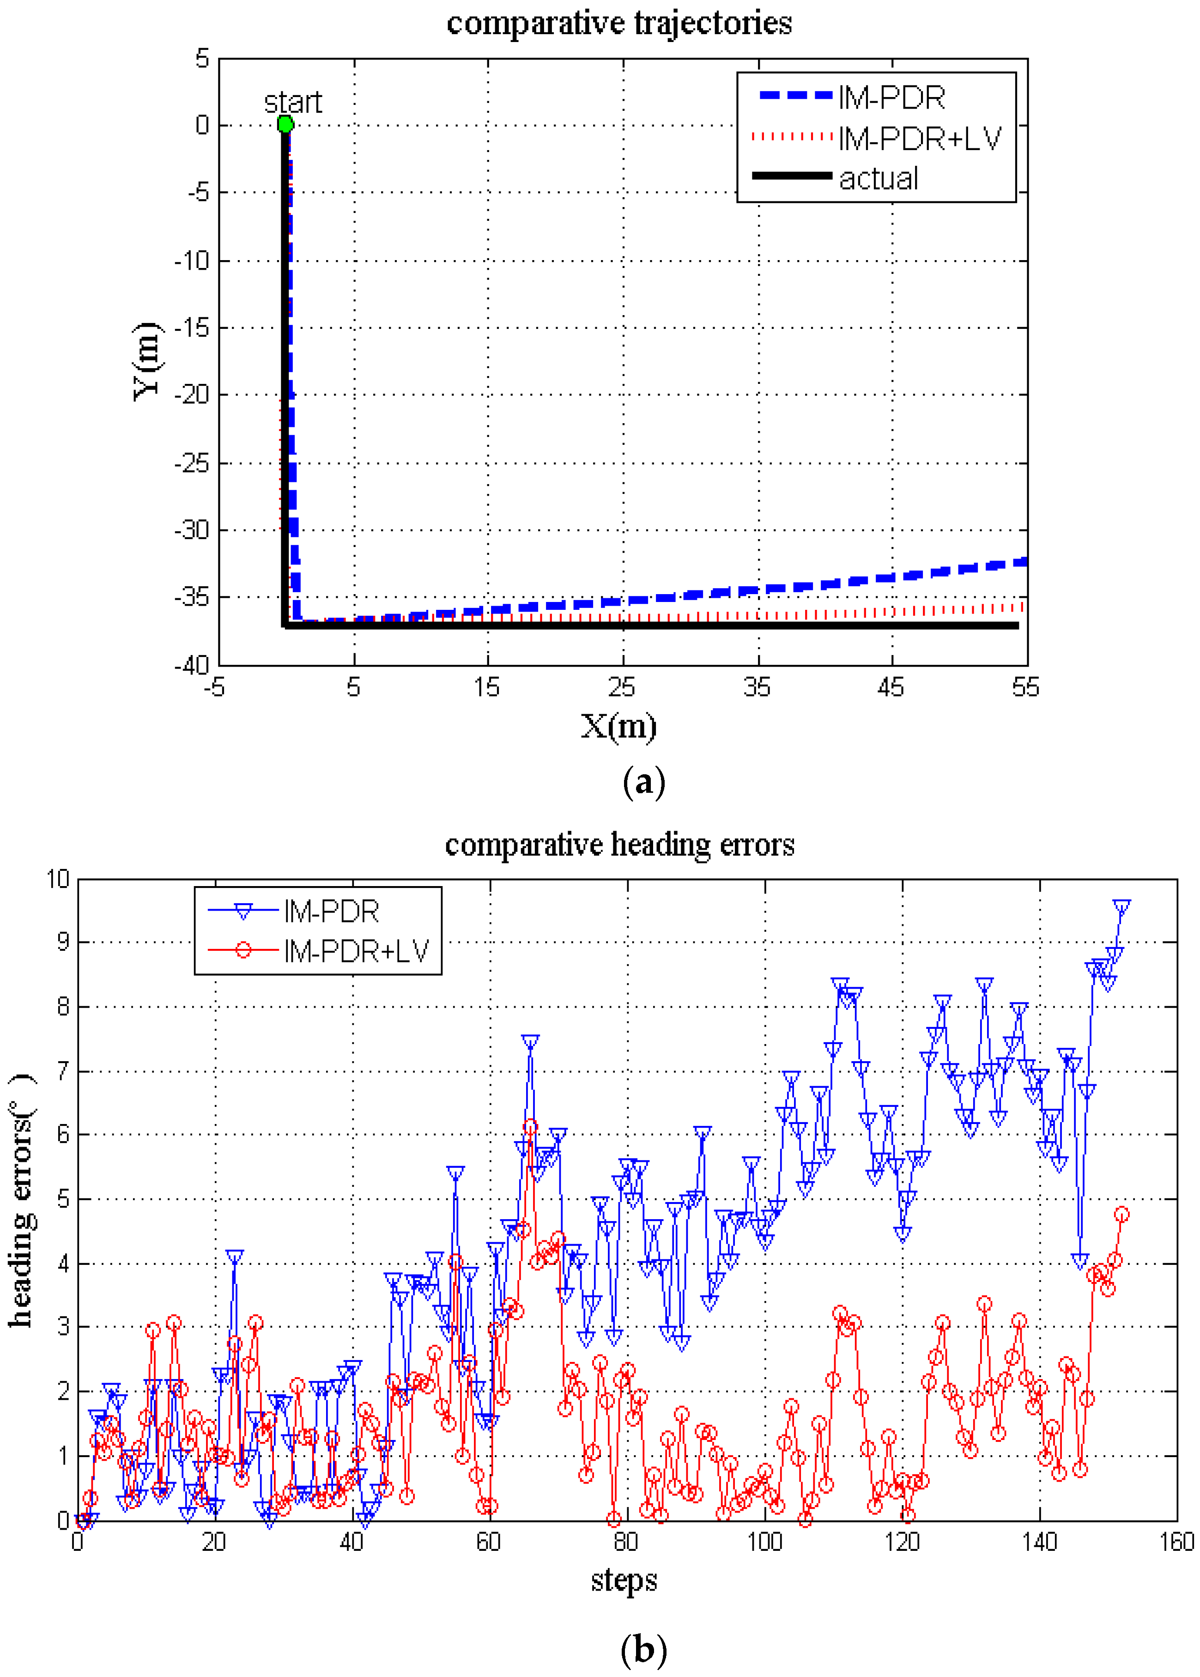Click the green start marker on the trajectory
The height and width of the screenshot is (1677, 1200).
pyautogui.click(x=285, y=124)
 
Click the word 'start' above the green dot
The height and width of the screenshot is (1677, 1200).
pyautogui.click(x=293, y=102)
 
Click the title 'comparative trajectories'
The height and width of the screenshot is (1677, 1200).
pyautogui.click(x=619, y=22)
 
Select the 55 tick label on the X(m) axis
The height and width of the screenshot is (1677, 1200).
pyautogui.click(x=1025, y=687)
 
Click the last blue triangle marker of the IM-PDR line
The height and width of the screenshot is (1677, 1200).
pyautogui.click(x=1121, y=907)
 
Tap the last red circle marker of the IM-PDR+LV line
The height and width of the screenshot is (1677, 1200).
pyautogui.click(x=1121, y=1215)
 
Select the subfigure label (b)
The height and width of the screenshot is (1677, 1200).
pyautogui.click(x=643, y=1648)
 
